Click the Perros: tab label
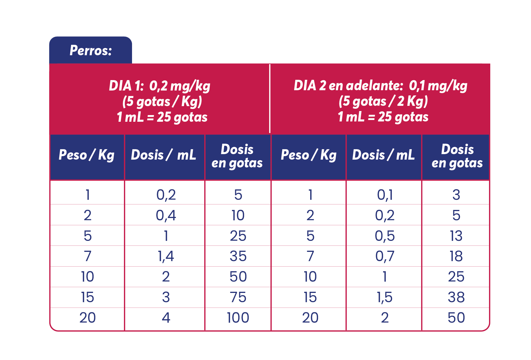[90, 51]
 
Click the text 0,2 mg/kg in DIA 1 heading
[180, 86]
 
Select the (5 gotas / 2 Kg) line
[383, 101]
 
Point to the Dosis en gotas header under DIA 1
[237, 156]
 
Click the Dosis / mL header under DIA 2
[383, 155]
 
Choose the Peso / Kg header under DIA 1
[87, 155]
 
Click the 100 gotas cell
[238, 318]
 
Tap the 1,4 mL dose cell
[166, 256]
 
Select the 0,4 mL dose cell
[166, 215]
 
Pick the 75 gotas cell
[238, 297]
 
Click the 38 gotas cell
[456, 297]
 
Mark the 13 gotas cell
[456, 236]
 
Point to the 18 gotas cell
[456, 256]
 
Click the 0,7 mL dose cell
[385, 256]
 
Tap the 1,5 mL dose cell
[385, 297]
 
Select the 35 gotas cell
[238, 256]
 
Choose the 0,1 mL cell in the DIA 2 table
[385, 195]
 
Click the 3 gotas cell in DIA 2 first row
[456, 195]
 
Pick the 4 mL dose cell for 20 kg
[166, 318]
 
